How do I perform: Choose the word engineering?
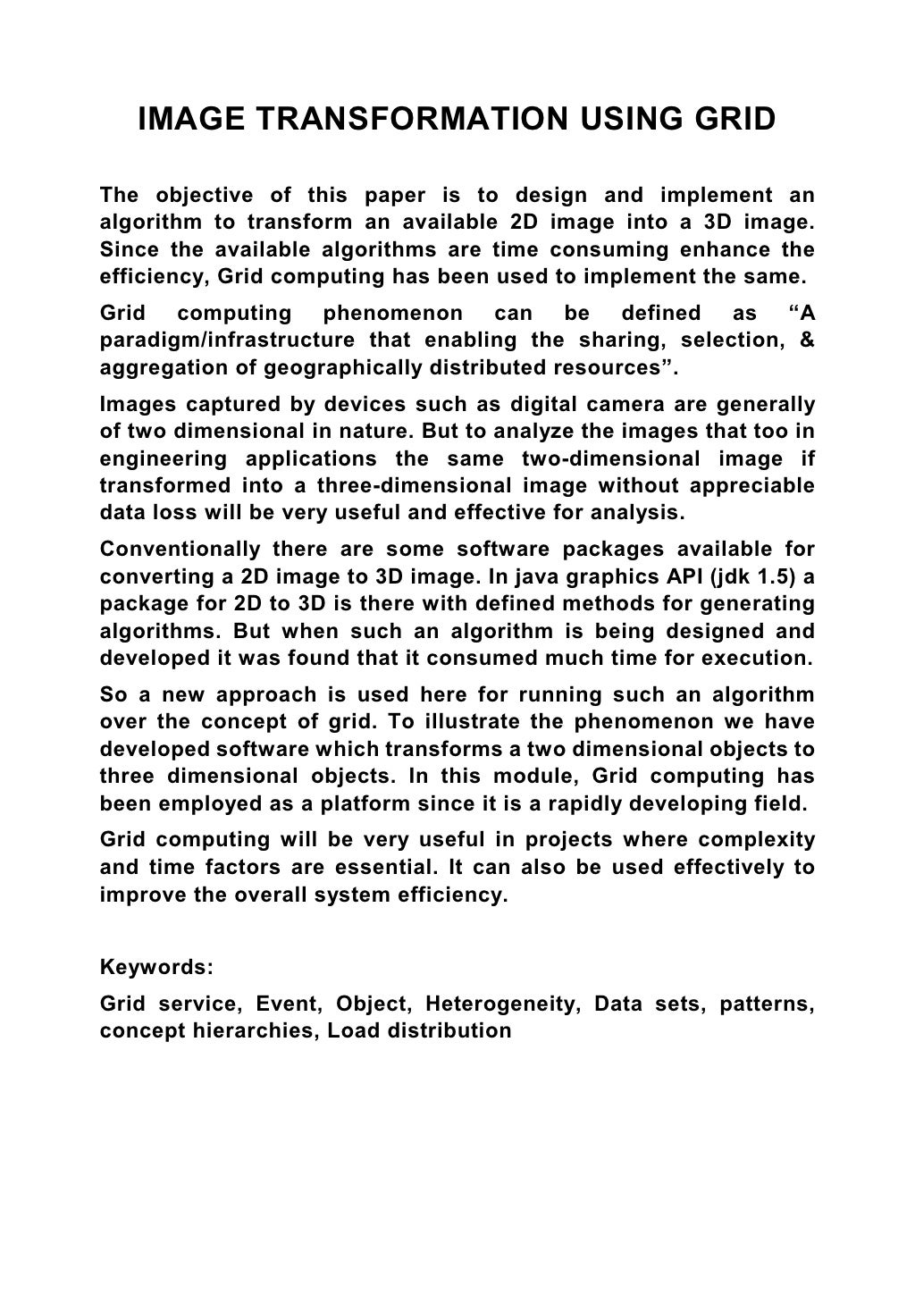coord(160,459)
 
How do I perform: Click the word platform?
coord(357,803)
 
